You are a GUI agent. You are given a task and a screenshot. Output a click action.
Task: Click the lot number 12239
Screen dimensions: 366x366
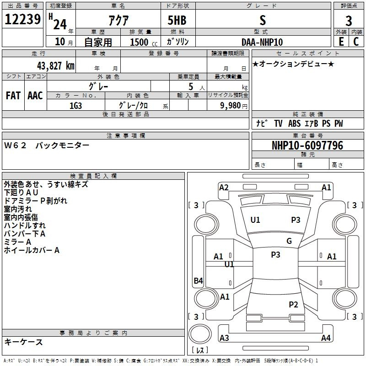click(x=22, y=19)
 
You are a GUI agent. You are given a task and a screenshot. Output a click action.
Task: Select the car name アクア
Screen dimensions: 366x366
click(x=118, y=20)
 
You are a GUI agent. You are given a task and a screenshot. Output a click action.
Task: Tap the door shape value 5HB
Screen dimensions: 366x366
click(x=177, y=20)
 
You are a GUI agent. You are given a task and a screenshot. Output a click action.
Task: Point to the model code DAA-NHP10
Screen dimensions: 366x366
click(x=262, y=42)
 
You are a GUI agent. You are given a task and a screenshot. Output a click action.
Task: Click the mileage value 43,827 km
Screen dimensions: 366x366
click(x=55, y=66)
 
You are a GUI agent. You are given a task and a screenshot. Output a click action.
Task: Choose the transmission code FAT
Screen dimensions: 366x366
click(x=13, y=96)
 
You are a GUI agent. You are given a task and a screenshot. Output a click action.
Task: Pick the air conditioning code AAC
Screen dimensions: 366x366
click(x=35, y=96)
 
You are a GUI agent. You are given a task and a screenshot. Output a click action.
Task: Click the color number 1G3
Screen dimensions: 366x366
click(x=75, y=106)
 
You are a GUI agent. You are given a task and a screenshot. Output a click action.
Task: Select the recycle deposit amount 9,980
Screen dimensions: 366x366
click(x=231, y=106)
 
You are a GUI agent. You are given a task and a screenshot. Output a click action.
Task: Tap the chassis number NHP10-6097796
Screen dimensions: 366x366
click(x=307, y=145)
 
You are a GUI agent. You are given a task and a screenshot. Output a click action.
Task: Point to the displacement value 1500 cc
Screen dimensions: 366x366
click(x=144, y=42)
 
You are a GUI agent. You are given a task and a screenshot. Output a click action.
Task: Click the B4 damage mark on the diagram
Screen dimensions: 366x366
click(x=199, y=280)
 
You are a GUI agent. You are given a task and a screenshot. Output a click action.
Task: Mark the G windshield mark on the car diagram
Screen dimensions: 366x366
click(x=289, y=241)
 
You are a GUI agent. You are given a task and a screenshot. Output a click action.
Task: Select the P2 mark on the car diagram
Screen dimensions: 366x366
click(x=293, y=304)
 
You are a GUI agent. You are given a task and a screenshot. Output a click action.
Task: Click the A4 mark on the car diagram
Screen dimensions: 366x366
click(x=326, y=338)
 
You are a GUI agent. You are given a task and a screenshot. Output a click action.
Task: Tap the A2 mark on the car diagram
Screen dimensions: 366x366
click(x=224, y=188)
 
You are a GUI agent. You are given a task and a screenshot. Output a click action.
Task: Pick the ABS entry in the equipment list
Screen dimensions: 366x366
click(x=294, y=124)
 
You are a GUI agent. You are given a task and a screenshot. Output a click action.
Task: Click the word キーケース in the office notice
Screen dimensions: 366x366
click(x=23, y=342)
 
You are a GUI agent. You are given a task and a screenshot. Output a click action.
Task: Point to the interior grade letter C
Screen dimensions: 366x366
click(x=356, y=42)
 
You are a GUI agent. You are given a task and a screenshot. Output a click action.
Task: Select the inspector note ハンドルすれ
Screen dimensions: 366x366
click(x=25, y=226)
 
